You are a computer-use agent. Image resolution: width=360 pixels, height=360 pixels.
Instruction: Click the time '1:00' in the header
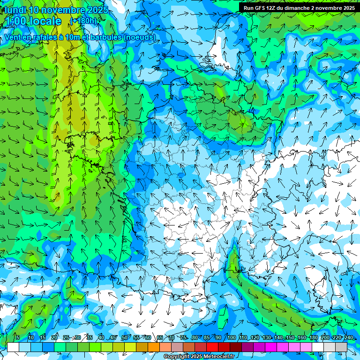point(18,21)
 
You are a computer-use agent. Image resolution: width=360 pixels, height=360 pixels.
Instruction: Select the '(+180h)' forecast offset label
point(83,21)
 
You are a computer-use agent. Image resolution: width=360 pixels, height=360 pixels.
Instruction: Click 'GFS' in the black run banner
point(259,8)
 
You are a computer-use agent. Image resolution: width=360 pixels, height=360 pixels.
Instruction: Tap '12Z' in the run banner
point(271,8)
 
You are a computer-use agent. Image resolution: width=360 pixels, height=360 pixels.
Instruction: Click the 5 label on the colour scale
point(18,337)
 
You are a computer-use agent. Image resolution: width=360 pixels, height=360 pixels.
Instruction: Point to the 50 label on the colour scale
point(124,337)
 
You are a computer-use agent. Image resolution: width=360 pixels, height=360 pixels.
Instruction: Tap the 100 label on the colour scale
point(232,337)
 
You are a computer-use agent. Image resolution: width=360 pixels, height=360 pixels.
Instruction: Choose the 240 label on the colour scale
point(349,337)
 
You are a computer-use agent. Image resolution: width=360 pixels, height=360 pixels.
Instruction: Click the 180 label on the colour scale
point(314,337)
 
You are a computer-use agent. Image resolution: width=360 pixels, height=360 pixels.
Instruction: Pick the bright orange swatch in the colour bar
point(154,347)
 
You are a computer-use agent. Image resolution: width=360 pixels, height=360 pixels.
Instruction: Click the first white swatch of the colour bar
point(13,347)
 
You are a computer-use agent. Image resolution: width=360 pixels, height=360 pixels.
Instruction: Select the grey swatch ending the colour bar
point(341,347)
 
